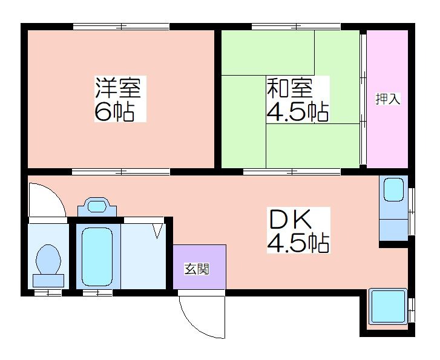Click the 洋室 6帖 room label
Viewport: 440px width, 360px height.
coord(120,99)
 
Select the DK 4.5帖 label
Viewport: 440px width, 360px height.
coord(298,230)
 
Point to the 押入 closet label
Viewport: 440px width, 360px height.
coord(388,99)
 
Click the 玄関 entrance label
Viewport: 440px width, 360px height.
coord(197,269)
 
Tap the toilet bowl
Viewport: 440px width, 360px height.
coord(48,260)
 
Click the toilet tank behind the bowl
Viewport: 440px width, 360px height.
coord(48,281)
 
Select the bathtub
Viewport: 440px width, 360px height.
coord(97,257)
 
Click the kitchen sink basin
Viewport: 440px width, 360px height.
coord(393,190)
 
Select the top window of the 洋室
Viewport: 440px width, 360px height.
coord(121,27)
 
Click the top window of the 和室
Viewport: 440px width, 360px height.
coord(296,27)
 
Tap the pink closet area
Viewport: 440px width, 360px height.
coord(387,99)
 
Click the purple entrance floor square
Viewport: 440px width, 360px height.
coord(200,267)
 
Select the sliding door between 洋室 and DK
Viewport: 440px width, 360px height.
coord(121,172)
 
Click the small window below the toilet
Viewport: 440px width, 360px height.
coord(48,293)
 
